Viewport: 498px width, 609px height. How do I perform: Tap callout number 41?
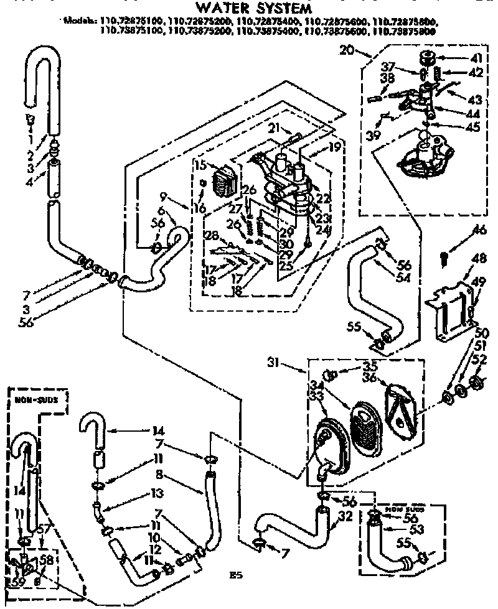477,58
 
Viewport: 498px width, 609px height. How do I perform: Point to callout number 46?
479,231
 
